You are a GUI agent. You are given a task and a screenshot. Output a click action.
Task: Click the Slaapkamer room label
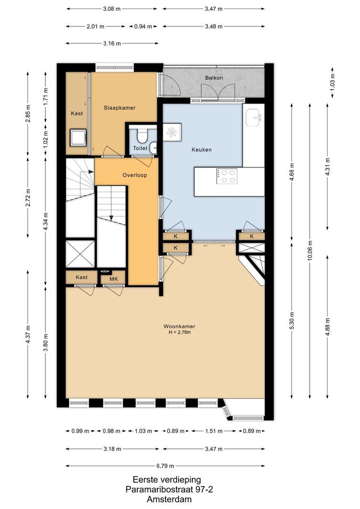pos(120,108)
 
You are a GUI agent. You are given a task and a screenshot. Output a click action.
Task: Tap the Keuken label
pos(201,150)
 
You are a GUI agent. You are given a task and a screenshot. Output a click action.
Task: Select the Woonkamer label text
pos(179,326)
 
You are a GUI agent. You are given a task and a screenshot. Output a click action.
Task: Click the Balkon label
pos(213,78)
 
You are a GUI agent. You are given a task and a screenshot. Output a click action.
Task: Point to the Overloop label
pos(135,175)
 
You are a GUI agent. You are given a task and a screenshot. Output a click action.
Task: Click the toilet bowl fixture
pos(141,136)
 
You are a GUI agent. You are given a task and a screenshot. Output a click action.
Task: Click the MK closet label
pos(113,279)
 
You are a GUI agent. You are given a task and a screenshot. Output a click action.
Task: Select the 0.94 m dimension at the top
pos(143,26)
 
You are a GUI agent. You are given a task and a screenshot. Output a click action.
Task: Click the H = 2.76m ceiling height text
pos(179,333)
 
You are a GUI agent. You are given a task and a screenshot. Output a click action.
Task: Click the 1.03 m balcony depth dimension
pos(333,83)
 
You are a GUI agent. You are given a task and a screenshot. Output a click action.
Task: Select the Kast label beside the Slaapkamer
pos(77,114)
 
